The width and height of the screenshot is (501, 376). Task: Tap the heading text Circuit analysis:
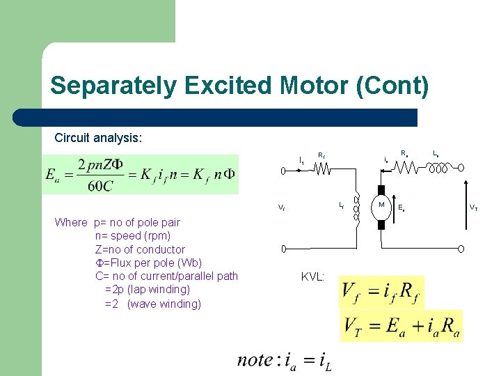click(x=98, y=138)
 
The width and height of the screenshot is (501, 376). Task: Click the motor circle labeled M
click(x=381, y=205)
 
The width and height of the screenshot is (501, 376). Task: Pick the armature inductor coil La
click(x=438, y=167)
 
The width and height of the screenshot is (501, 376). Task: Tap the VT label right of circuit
click(x=473, y=207)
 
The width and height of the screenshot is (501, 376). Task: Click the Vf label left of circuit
click(x=280, y=207)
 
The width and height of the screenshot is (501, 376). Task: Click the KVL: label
click(x=313, y=276)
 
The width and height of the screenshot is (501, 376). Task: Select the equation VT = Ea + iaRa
click(x=401, y=325)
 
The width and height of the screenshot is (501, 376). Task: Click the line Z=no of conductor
click(x=140, y=249)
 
